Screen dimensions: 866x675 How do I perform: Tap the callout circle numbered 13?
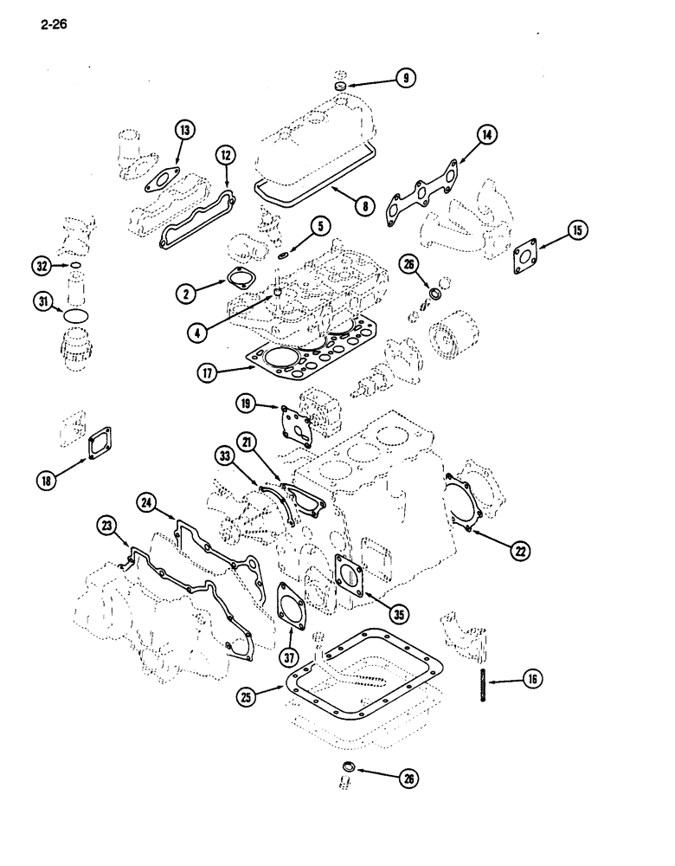click(x=183, y=131)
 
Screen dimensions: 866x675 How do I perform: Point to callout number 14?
click(x=487, y=134)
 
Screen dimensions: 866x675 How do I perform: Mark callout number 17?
click(x=208, y=373)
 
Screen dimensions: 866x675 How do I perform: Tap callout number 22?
click(x=521, y=549)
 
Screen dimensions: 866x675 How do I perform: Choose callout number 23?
click(x=107, y=525)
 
